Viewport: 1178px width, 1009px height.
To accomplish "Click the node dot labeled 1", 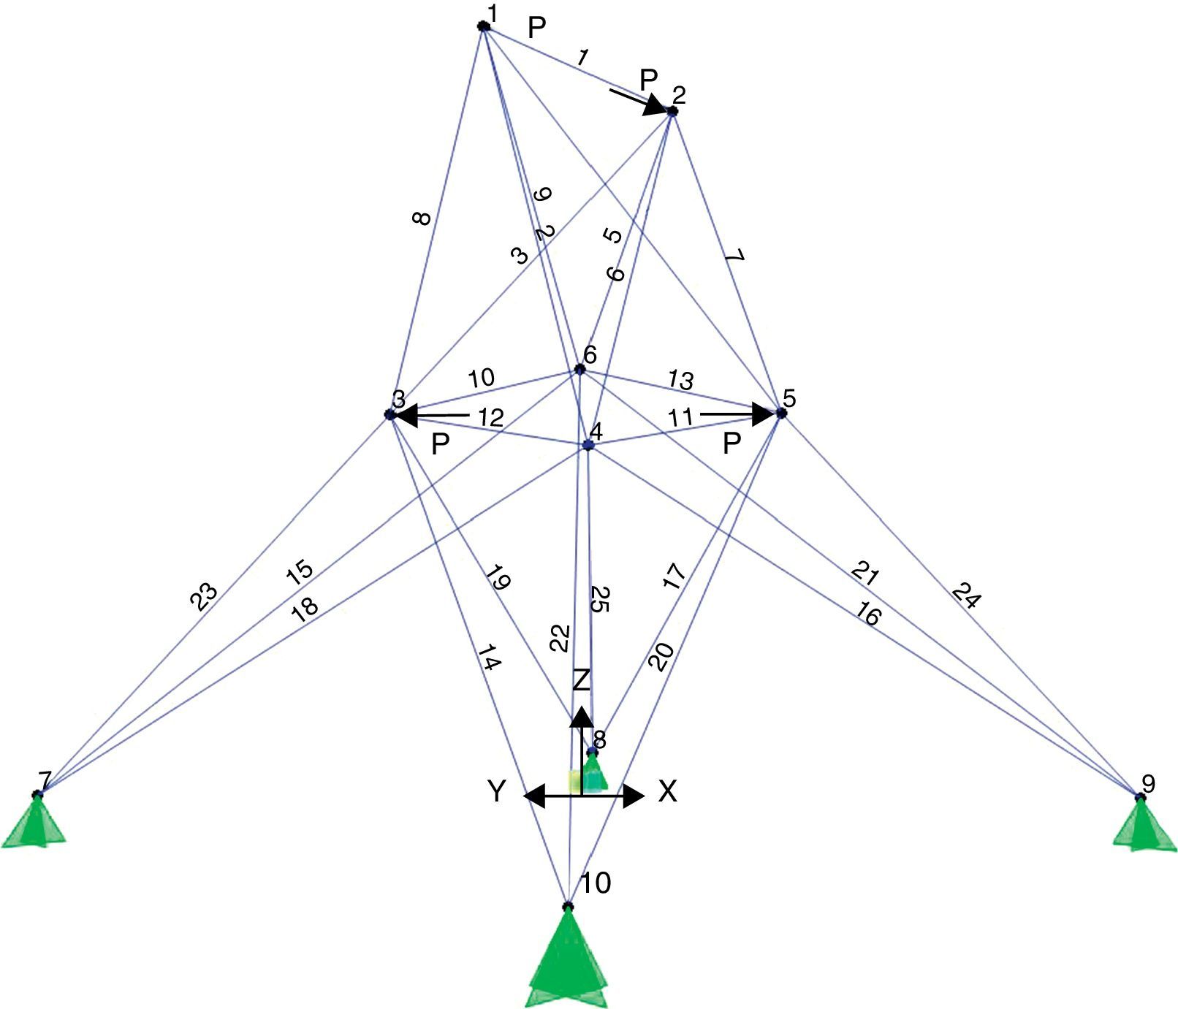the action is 483,26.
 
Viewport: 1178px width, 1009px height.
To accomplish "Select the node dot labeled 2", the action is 672,111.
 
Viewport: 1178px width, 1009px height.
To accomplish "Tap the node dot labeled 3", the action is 389,414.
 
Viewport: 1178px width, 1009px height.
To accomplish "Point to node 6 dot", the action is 580,368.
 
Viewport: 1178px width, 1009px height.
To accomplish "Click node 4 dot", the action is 588,444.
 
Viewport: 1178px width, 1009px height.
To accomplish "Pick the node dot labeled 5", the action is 781,413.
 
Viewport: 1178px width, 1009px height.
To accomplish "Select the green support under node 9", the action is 1144,826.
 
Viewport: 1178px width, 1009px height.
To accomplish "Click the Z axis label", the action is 581,680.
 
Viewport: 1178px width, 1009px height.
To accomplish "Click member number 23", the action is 204,596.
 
